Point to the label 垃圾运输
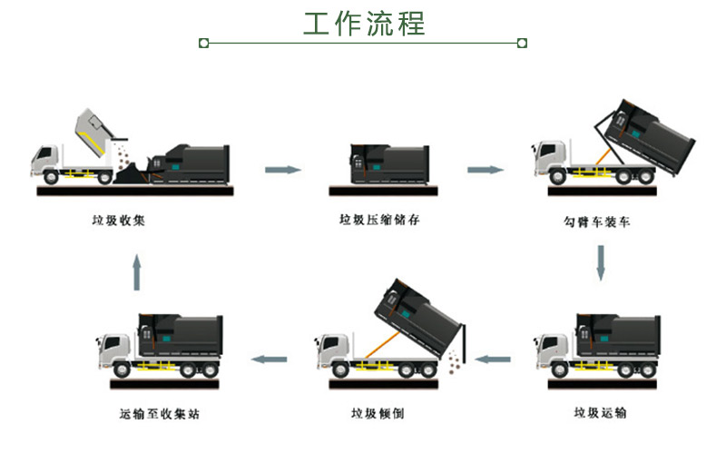coord(600,413)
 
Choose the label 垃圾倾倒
coord(378,413)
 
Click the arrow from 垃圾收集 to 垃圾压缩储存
coord(282,169)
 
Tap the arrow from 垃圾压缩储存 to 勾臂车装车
coord(486,169)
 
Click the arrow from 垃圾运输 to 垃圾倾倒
coord(494,359)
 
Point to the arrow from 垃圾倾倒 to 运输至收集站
coord(270,359)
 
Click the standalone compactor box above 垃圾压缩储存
coord(382,163)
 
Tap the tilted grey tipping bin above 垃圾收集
coord(98,130)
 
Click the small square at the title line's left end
coord(203,42)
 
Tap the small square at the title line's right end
coord(522,42)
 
